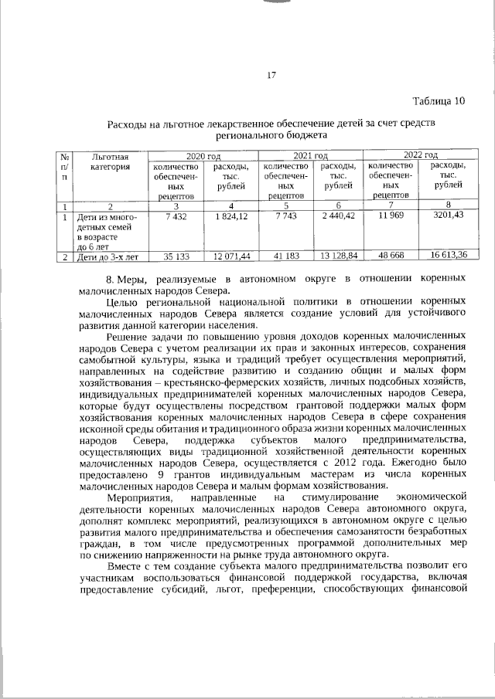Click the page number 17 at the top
coord(271,75)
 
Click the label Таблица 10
coord(439,101)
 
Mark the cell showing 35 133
coord(176,255)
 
